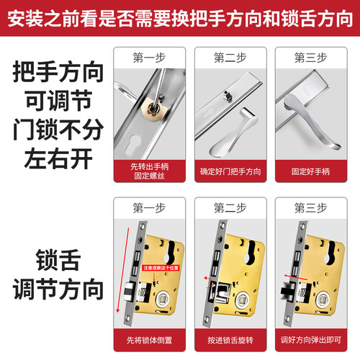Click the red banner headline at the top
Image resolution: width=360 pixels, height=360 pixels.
coord(180,16)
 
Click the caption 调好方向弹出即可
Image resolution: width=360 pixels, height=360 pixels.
coord(314,338)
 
